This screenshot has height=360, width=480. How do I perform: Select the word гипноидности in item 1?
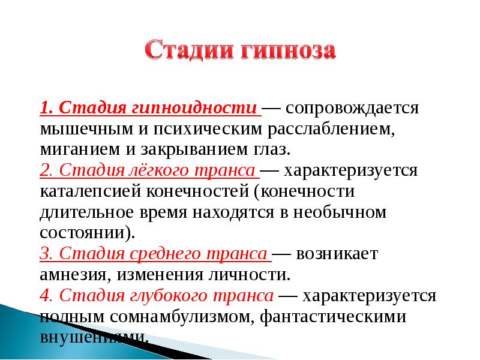(194, 109)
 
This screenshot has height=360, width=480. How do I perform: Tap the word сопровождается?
(352, 109)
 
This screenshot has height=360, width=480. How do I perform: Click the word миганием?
(80, 149)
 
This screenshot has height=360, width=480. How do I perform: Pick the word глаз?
(271, 149)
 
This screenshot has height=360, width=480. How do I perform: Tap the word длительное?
(86, 212)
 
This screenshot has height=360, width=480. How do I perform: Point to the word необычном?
(340, 212)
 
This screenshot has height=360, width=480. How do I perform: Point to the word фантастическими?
(333, 317)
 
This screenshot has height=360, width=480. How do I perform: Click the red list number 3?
(45, 254)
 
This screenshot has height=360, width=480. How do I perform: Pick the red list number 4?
(45, 295)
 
